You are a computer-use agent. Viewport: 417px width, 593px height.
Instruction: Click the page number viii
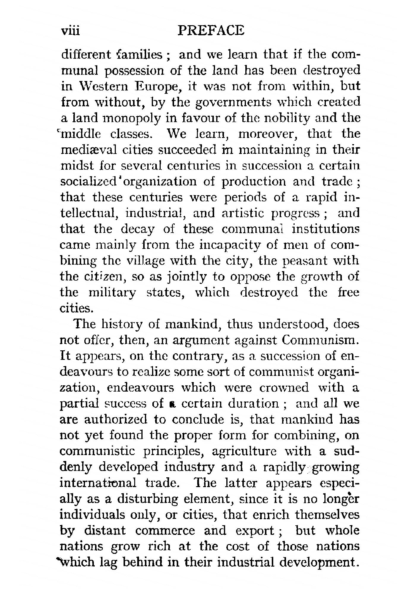[70, 31]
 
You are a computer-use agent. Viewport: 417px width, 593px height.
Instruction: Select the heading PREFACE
[211, 31]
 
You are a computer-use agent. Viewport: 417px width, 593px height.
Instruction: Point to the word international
[98, 483]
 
